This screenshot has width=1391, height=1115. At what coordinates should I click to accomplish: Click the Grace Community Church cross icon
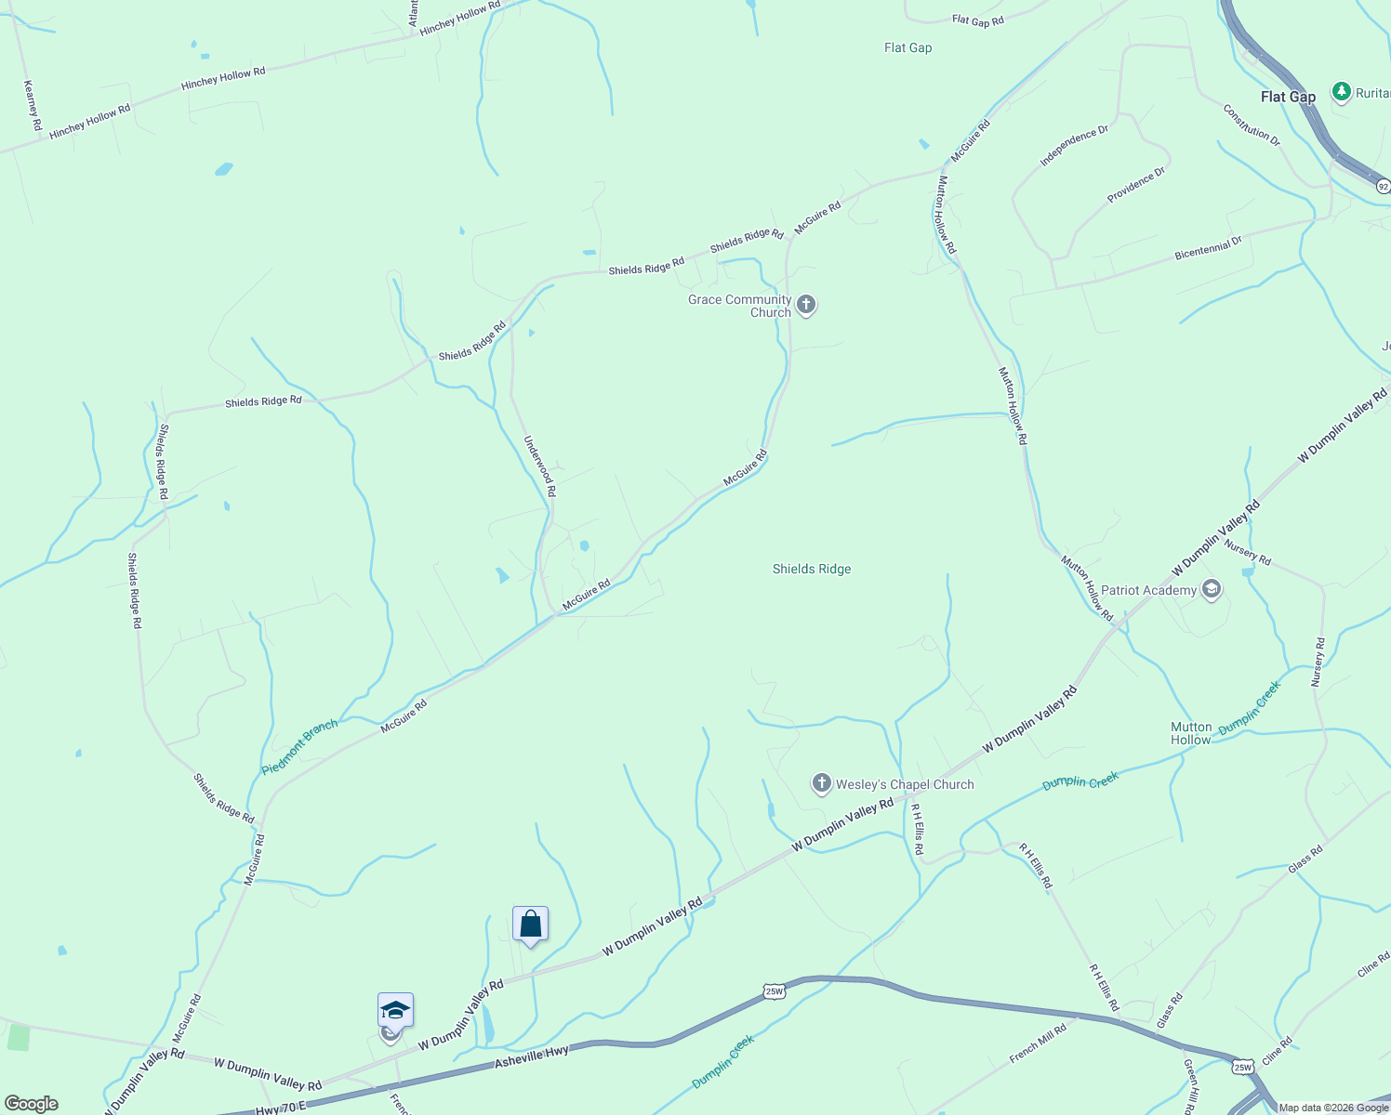pyautogui.click(x=806, y=305)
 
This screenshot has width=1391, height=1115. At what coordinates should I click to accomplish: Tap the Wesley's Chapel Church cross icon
pyautogui.click(x=821, y=783)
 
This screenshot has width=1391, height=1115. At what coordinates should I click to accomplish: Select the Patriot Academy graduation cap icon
pyautogui.click(x=1211, y=589)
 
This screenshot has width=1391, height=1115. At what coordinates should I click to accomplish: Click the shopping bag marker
pyautogui.click(x=530, y=925)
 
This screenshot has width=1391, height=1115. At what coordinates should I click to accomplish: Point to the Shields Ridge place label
pyautogui.click(x=812, y=569)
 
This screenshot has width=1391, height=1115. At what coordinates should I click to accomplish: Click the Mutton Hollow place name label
pyautogui.click(x=1191, y=733)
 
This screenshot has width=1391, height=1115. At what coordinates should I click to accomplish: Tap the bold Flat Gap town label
pyautogui.click(x=1288, y=97)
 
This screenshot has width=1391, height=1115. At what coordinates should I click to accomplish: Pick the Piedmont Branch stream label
pyautogui.click(x=299, y=747)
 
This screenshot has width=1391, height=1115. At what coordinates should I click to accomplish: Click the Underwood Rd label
pyautogui.click(x=539, y=466)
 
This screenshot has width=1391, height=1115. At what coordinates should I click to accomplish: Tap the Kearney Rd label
pyautogui.click(x=33, y=105)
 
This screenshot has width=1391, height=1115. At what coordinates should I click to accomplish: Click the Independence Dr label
pyautogui.click(x=1074, y=145)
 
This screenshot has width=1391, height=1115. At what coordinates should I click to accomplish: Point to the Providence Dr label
pyautogui.click(x=1135, y=185)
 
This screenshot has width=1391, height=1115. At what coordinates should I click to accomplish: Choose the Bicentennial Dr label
pyautogui.click(x=1208, y=248)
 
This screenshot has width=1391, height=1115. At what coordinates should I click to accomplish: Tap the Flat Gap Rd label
pyautogui.click(x=978, y=20)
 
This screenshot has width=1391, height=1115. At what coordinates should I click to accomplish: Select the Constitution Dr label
pyautogui.click(x=1252, y=125)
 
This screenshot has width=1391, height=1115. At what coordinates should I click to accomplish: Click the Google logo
pyautogui.click(x=31, y=1104)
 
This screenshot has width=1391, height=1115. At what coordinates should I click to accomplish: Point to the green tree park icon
pyautogui.click(x=1341, y=91)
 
